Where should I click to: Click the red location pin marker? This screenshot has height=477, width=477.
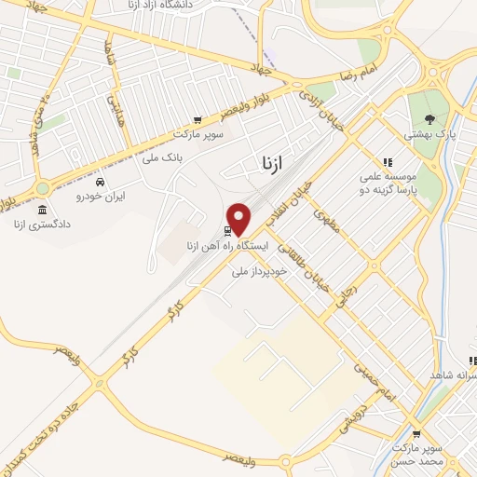pyautogui.click(x=239, y=219)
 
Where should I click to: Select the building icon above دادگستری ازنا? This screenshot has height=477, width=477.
pyautogui.click(x=41, y=209)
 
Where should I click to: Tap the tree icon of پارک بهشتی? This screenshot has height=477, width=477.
pyautogui.click(x=429, y=118)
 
